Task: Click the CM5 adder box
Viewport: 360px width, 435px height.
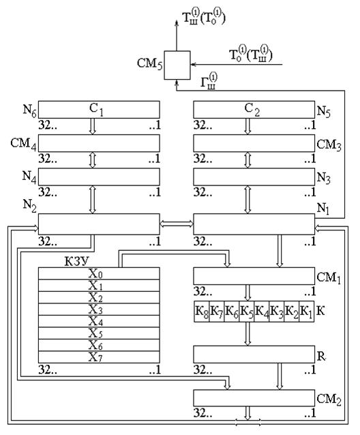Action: coord(177,65)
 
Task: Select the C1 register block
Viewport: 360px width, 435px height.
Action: coord(99,110)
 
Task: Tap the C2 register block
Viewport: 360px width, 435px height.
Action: coord(254,110)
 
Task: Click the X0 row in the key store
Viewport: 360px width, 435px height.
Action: coord(99,273)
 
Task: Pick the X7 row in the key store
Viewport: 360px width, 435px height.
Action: coord(99,357)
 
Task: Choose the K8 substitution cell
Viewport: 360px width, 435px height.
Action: coord(201,312)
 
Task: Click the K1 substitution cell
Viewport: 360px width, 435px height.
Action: coord(306,312)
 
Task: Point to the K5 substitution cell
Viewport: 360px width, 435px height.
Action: coord(247,312)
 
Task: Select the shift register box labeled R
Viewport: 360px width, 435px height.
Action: coord(254,355)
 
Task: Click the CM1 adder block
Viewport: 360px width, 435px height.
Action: coord(254,276)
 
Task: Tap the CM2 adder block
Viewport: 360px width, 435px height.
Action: coord(254,398)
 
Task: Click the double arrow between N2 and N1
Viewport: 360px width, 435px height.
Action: coord(177,224)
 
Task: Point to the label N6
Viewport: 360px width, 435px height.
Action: coord(30,110)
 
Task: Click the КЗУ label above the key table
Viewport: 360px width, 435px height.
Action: coord(76,261)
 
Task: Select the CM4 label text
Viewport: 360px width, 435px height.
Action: coord(24,144)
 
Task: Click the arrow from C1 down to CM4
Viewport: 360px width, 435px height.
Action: coord(93,127)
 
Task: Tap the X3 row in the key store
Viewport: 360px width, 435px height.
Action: coord(99,310)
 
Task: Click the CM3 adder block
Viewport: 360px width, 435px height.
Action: coord(254,143)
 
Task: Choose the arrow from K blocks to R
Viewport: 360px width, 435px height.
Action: coord(247,333)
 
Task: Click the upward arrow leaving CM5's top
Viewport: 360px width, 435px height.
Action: coord(177,35)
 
